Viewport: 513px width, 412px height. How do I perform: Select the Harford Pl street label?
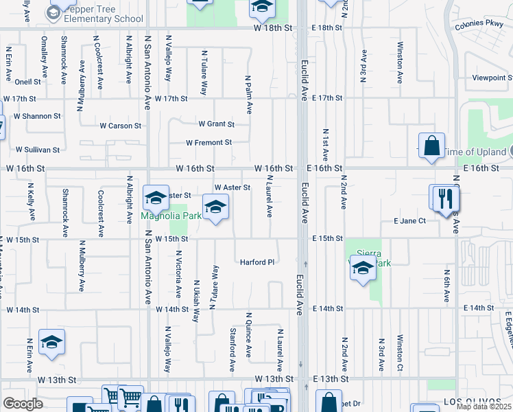point(256,262)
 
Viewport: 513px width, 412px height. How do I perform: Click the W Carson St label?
point(120,126)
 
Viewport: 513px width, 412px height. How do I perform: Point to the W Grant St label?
point(216,124)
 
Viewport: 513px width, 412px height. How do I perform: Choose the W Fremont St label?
point(208,143)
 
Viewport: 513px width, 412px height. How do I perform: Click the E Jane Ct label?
point(409,220)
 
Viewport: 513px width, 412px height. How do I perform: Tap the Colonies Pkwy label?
point(479,27)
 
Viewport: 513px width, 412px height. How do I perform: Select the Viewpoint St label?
point(492,78)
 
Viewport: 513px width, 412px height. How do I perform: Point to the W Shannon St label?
point(32,116)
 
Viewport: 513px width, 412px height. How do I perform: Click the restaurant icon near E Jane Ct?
point(446,198)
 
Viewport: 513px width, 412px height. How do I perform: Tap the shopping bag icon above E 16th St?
point(431,146)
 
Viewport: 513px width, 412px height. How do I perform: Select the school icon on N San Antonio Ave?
point(156,198)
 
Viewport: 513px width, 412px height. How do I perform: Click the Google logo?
point(23,404)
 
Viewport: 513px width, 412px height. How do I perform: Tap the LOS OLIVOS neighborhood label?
point(486,400)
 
